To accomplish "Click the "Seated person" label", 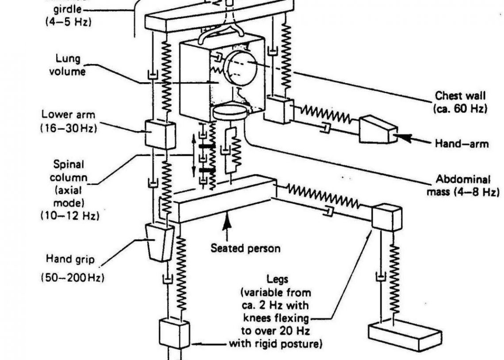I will pos(245,248).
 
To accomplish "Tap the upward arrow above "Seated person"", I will pos(228,223).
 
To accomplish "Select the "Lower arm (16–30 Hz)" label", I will pos(69,120).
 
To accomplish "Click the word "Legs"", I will pos(277,279).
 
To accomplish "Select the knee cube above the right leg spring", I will pos(386,217).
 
